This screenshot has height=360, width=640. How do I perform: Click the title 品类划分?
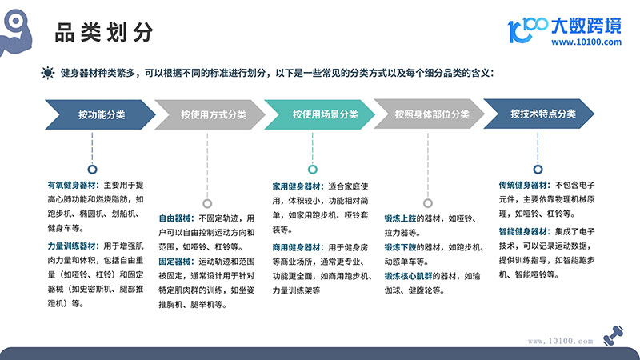(104, 32)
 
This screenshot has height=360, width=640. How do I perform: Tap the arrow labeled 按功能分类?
(101, 114)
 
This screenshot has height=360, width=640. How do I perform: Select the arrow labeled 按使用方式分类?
(210, 114)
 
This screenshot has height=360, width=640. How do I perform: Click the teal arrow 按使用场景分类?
(319, 114)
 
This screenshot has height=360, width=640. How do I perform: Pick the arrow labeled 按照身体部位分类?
(429, 114)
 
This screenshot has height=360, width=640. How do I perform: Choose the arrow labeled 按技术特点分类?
(538, 114)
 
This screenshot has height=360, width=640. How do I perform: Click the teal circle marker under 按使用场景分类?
(313, 170)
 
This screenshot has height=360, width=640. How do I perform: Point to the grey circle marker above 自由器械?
(207, 203)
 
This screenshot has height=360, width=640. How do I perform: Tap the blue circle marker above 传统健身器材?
(538, 170)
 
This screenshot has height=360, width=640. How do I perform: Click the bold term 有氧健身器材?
(71, 186)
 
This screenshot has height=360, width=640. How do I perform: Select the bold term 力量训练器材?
(71, 246)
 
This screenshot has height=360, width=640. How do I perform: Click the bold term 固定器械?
(174, 262)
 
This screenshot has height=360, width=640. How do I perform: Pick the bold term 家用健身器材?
(297, 186)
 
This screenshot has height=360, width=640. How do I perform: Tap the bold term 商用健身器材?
(297, 247)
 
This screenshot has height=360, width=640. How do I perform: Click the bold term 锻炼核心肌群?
(408, 276)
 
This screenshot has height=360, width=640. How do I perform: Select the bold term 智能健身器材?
(523, 231)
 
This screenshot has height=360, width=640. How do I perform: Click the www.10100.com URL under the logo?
(586, 42)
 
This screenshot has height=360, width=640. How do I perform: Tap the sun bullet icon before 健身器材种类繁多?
(48, 73)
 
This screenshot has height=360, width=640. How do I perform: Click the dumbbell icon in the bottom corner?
(613, 335)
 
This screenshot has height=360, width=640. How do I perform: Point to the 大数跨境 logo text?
(586, 26)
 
